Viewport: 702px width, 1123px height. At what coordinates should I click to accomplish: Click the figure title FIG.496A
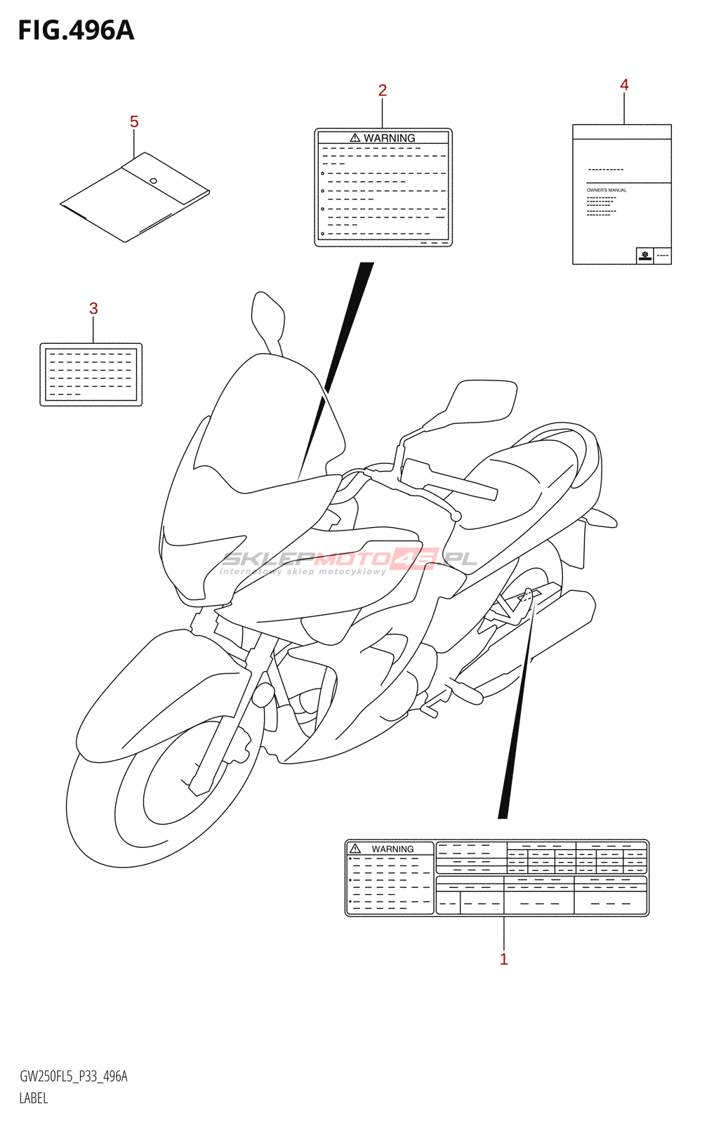[x=76, y=31]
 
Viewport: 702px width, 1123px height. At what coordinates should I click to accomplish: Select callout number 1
[x=503, y=959]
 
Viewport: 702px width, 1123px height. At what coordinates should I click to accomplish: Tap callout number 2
[x=383, y=91]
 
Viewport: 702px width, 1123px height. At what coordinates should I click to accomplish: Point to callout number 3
[x=93, y=309]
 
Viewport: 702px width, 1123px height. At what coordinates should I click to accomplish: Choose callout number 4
[x=624, y=85]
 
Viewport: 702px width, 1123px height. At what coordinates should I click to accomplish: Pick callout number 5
[x=134, y=122]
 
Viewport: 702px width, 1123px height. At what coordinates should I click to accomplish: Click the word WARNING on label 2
[x=390, y=138]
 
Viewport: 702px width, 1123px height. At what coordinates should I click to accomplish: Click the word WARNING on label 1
[x=392, y=849]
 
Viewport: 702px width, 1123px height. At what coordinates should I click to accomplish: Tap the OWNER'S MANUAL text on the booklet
[x=607, y=190]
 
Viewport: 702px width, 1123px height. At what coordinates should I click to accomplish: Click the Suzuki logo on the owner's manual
[x=644, y=255]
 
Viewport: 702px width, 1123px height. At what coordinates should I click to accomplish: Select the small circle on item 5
[x=153, y=181]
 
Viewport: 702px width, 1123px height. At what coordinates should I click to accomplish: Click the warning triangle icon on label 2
[x=355, y=138]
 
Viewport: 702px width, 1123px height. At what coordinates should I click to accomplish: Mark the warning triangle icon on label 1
[x=355, y=849]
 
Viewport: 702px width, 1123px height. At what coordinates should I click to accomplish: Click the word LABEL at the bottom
[x=34, y=1098]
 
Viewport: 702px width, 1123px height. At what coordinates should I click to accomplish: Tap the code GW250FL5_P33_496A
[x=74, y=1077]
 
